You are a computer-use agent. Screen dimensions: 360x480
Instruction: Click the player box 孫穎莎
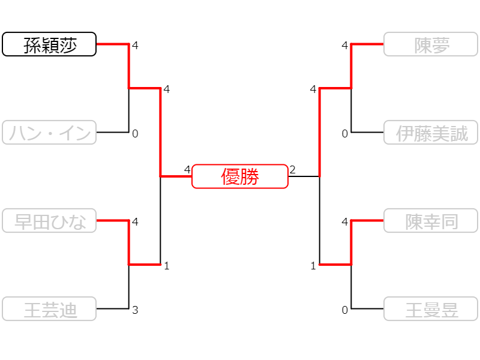pyautogui.click(x=49, y=44)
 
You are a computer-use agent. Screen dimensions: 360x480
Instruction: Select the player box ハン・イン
pyautogui.click(x=49, y=133)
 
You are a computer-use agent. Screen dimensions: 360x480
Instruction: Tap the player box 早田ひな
pyautogui.click(x=49, y=221)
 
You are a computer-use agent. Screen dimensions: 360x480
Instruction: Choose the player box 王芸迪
pyautogui.click(x=49, y=309)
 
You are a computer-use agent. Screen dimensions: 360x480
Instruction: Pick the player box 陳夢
pyautogui.click(x=431, y=44)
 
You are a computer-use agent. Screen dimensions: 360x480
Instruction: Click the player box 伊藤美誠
pyautogui.click(x=431, y=133)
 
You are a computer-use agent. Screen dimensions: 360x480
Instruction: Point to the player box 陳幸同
pyautogui.click(x=431, y=221)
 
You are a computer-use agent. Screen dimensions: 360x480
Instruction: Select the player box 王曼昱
pyautogui.click(x=431, y=309)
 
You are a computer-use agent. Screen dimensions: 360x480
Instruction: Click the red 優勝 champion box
pyautogui.click(x=240, y=176)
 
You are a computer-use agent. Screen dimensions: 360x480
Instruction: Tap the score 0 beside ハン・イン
pyautogui.click(x=135, y=134)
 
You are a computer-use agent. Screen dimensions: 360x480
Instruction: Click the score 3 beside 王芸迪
pyautogui.click(x=135, y=310)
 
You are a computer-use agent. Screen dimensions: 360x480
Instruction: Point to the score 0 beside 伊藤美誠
pyautogui.click(x=345, y=134)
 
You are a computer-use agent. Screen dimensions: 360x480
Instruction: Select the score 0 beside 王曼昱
pyautogui.click(x=345, y=310)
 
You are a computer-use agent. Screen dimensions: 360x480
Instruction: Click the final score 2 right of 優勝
pyautogui.click(x=292, y=170)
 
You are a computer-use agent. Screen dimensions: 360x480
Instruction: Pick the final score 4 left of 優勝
pyautogui.click(x=187, y=170)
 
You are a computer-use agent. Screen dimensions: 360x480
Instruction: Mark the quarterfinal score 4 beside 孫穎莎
pyautogui.click(x=135, y=46)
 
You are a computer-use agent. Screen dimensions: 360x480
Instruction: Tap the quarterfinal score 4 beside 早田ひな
pyautogui.click(x=135, y=222)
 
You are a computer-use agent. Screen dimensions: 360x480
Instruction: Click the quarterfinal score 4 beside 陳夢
pyautogui.click(x=345, y=46)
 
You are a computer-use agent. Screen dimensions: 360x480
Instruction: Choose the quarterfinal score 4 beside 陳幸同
pyautogui.click(x=345, y=222)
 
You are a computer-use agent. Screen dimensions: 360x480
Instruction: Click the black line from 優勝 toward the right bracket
pyautogui.click(x=304, y=176)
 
